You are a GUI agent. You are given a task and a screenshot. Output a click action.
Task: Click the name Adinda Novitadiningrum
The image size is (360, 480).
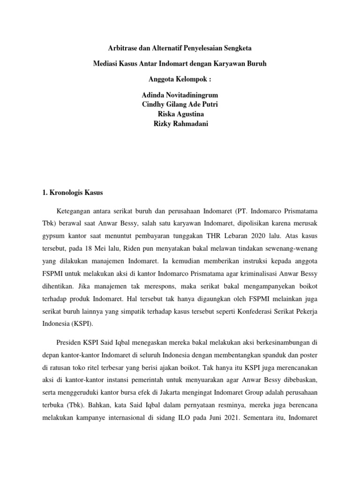180,95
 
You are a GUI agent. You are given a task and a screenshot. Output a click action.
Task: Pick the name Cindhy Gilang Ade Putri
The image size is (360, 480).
180,104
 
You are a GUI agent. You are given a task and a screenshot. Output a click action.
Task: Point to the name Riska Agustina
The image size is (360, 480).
180,113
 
